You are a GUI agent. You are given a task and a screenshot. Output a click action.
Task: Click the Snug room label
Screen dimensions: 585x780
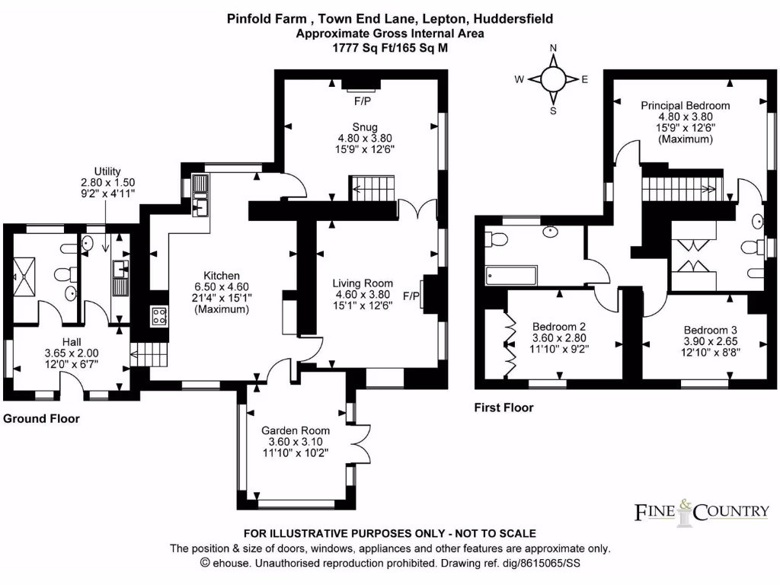click(x=364, y=126)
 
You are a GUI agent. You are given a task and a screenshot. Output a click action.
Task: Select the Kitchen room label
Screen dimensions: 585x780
click(x=222, y=276)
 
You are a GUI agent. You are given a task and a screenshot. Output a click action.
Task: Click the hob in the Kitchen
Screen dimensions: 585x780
click(x=161, y=316)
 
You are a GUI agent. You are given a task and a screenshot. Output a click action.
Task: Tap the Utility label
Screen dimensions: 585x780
click(x=107, y=171)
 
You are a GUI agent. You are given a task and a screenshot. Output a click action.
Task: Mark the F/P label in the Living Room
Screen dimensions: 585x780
click(x=411, y=295)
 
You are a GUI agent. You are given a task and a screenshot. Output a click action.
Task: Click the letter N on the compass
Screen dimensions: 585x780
click(x=554, y=48)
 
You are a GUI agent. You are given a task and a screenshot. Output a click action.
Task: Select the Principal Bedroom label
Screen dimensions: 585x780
click(x=685, y=105)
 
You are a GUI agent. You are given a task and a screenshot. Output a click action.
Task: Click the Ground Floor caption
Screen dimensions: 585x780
click(x=41, y=419)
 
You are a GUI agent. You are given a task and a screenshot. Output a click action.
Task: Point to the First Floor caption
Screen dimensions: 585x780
click(x=503, y=408)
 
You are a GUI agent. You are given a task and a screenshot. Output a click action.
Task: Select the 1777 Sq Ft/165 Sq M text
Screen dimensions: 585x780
click(x=389, y=47)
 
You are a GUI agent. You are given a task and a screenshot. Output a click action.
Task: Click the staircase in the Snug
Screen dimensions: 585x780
click(x=372, y=187)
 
